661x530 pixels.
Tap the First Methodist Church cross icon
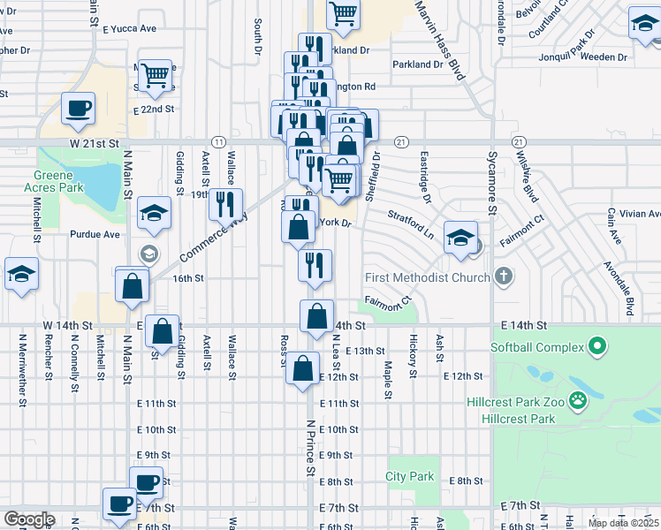[504, 277]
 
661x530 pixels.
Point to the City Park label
[410, 477]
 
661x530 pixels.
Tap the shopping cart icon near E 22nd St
[156, 75]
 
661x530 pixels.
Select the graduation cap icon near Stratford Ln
[460, 237]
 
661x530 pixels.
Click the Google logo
[29, 519]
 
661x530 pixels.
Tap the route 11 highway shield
[217, 142]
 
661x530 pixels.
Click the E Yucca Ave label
[129, 28]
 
